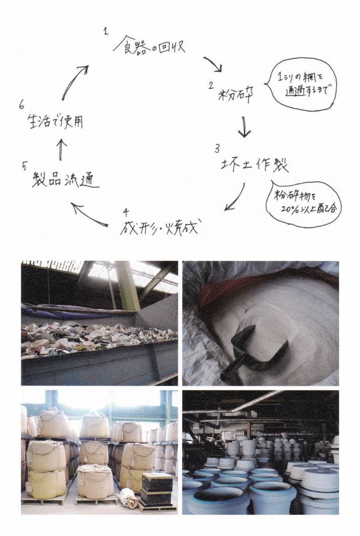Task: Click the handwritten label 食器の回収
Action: pyautogui.click(x=149, y=46)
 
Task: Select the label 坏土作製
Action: pyautogui.click(x=255, y=165)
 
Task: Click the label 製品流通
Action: pyautogui.click(x=66, y=180)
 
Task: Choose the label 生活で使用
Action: pyautogui.click(x=55, y=121)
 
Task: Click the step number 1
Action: pyautogui.click(x=106, y=31)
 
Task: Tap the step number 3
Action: pyautogui.click(x=217, y=149)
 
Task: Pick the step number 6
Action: pyautogui.click(x=22, y=105)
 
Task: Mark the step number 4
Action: pyautogui.click(x=126, y=212)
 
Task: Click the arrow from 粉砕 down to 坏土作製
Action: pyautogui.click(x=244, y=127)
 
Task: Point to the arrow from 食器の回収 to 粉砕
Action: pyautogui.click(x=213, y=65)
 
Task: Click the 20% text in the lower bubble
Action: pyautogui.click(x=289, y=209)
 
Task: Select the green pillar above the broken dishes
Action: pyautogui.click(x=127, y=286)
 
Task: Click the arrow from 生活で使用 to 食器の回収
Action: pyautogui.click(x=73, y=81)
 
